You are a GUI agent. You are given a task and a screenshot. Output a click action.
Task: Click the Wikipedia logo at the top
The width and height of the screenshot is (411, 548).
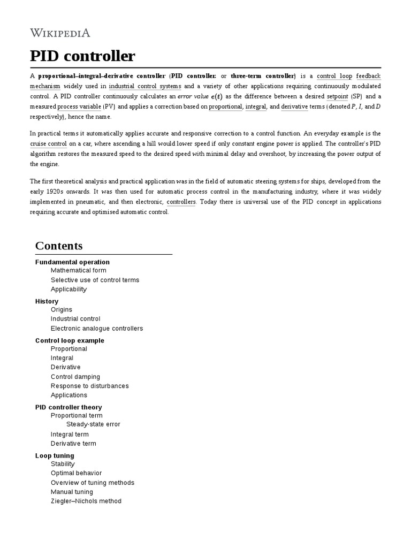point(60,33)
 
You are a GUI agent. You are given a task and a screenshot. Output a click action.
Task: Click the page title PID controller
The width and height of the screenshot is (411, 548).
point(82,56)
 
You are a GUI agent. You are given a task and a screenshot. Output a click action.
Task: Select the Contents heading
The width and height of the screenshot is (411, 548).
point(59,246)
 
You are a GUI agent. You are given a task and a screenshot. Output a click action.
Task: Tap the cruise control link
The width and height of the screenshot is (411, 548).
point(49,144)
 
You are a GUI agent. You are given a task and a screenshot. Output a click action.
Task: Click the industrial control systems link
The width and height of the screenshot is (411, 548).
point(145,86)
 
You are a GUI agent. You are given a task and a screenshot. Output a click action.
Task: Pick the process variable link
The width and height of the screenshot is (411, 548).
point(83,106)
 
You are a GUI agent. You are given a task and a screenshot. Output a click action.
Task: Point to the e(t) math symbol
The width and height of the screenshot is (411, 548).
point(217,96)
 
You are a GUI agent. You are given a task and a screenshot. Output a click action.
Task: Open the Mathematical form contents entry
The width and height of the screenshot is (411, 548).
point(78,271)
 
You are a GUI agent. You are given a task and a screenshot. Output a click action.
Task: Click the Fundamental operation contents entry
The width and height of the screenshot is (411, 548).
point(72,262)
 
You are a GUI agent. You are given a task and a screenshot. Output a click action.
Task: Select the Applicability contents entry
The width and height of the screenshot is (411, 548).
point(68,290)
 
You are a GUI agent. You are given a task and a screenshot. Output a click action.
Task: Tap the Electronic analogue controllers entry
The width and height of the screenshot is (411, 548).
point(97,329)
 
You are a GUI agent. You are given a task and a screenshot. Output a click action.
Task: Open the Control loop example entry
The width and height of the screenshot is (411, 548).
point(70,340)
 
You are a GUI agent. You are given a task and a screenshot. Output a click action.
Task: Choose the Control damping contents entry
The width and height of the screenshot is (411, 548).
point(75,377)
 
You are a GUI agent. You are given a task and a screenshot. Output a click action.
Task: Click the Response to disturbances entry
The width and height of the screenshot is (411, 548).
point(90,386)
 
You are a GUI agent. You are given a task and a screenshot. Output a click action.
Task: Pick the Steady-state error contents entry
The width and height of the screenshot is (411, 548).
point(93,424)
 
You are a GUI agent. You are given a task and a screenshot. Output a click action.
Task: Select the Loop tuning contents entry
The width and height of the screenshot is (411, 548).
point(55,456)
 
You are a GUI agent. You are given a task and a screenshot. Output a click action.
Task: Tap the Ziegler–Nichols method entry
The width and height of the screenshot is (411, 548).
point(86,501)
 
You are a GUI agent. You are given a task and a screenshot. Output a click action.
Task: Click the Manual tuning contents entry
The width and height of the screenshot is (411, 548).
point(72,492)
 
